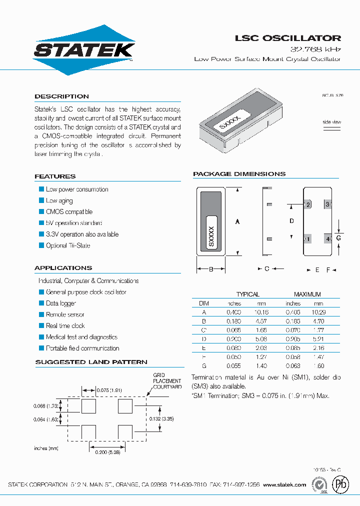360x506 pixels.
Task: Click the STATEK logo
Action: pos(83,50)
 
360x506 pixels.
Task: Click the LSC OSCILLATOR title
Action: pos(288,38)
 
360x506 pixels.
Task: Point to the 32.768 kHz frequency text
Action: pos(316,49)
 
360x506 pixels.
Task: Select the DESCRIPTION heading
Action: pos(61,96)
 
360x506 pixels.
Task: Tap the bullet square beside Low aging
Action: pos(41,200)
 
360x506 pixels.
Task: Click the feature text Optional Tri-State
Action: pos(68,245)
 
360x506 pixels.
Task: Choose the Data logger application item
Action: pos(61,303)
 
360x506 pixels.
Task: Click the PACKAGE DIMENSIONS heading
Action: pos(239,174)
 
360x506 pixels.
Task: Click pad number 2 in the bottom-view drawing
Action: pos(308,204)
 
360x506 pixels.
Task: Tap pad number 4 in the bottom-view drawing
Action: pos(328,239)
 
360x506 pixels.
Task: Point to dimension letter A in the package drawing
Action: pos(237,221)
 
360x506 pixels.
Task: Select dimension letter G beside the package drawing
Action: pos(338,238)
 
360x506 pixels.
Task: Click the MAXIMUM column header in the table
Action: pos(307,294)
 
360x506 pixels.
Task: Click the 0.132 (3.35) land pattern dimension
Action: pos(161,418)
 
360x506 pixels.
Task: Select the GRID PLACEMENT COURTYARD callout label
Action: pos(167,381)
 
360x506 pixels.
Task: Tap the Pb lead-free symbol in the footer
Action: pos(341,484)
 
